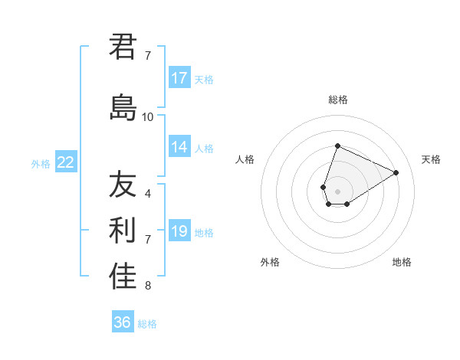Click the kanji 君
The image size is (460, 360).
[123, 47]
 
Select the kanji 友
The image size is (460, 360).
[123, 185]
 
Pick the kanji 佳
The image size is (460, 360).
[123, 277]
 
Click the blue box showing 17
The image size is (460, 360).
[179, 78]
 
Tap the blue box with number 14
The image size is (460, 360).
[179, 148]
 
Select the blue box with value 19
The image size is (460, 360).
[179, 231]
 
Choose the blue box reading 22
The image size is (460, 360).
[66, 162]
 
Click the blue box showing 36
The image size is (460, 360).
[123, 322]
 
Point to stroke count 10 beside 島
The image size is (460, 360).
[148, 117]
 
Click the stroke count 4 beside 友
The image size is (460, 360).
[148, 193]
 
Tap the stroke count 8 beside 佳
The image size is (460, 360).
[148, 286]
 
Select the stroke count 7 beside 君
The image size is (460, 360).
[148, 56]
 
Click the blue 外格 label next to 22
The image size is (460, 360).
[41, 163]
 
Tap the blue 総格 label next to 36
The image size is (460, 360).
[147, 324]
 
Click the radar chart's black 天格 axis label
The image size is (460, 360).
[431, 159]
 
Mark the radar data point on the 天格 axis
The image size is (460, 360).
[396, 172]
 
